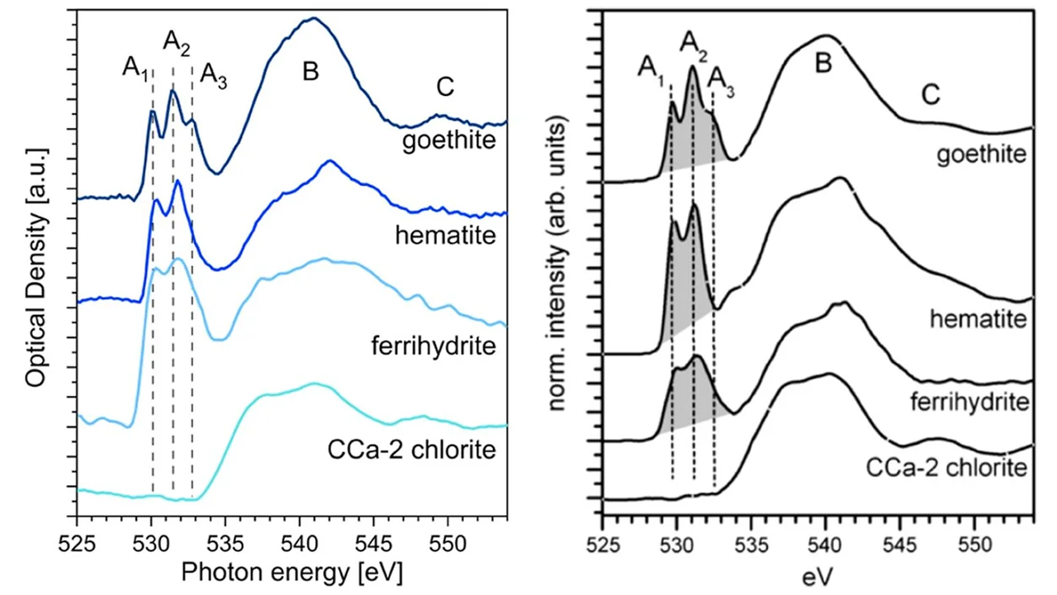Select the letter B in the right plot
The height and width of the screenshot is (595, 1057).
(x=822, y=65)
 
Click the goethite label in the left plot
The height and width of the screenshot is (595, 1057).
(x=448, y=140)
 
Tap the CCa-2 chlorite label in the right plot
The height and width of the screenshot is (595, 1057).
(x=946, y=469)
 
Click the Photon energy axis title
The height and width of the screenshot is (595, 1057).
(x=292, y=570)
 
